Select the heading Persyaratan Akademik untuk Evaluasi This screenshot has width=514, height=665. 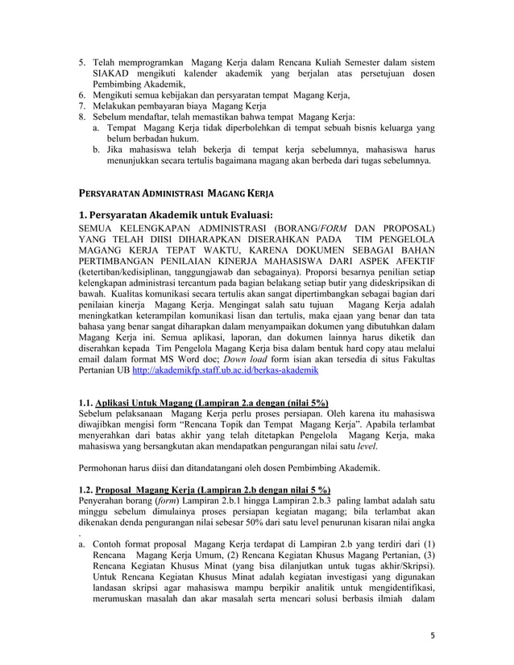tap(170, 214)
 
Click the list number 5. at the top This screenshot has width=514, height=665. tap(81, 63)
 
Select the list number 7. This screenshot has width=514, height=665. tap(81, 105)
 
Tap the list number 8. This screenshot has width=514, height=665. tap(81, 117)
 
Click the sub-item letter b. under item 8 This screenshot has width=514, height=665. tap(97, 149)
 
